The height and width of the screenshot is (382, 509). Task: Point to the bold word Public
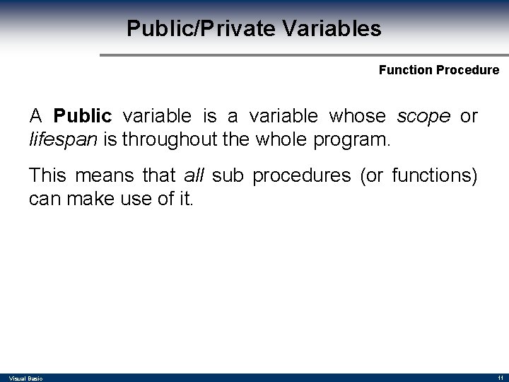tap(83, 115)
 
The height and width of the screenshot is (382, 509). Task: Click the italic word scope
tap(423, 115)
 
